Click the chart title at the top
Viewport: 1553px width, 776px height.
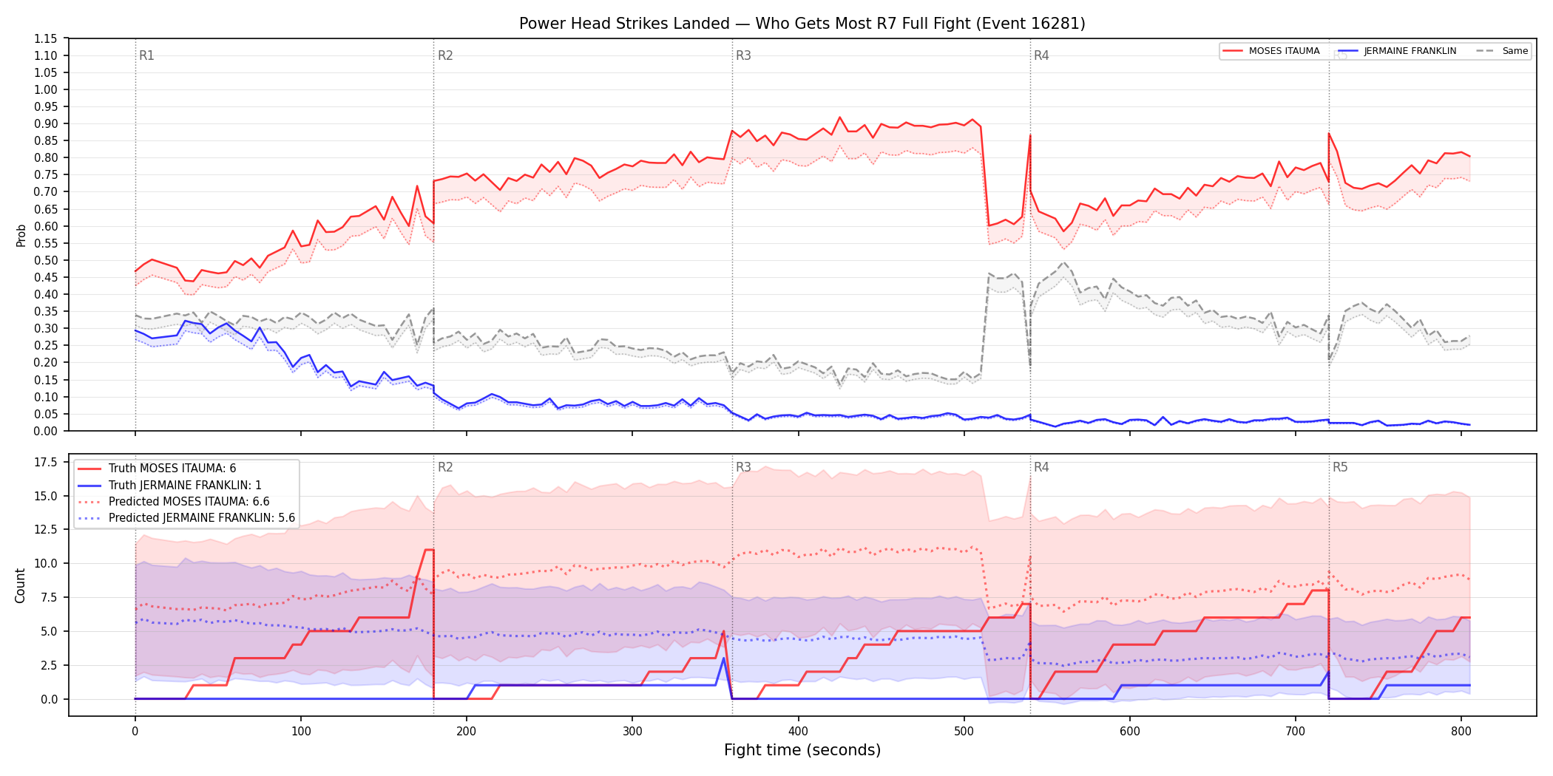[x=802, y=24]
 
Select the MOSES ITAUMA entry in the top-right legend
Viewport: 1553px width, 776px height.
[x=1271, y=51]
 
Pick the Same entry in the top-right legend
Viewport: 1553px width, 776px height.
[x=1502, y=51]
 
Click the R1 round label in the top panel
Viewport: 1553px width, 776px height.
[x=146, y=55]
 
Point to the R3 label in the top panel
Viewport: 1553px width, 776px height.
[x=743, y=55]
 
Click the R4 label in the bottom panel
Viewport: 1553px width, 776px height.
[x=1041, y=467]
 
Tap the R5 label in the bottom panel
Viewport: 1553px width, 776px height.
[x=1340, y=467]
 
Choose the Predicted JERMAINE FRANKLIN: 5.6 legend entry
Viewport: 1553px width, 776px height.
[x=186, y=518]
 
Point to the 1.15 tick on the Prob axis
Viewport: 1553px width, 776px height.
[x=46, y=38]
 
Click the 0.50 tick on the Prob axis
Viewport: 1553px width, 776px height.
[x=46, y=260]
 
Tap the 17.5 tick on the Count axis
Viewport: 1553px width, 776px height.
[x=46, y=463]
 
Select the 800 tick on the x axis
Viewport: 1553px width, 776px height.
[x=1461, y=732]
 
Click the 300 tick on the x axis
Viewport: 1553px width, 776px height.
[x=632, y=732]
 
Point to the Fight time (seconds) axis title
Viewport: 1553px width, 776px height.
[x=802, y=750]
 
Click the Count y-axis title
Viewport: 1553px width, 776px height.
[x=20, y=585]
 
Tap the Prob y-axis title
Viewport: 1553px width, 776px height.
[x=21, y=235]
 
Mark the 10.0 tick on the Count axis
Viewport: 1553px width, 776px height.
[x=46, y=563]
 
